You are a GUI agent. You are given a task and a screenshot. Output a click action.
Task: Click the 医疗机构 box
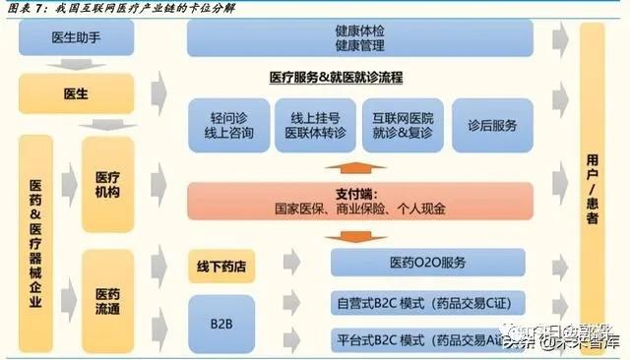pos(107,184)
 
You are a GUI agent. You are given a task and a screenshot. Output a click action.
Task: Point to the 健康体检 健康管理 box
pos(359,38)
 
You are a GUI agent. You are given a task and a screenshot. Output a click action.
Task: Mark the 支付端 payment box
pos(361,202)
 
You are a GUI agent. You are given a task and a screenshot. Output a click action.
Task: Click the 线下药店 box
pos(220,264)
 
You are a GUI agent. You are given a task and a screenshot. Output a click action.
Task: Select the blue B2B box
pos(220,324)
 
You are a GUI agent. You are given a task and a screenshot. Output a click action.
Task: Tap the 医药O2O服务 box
pos(427,263)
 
